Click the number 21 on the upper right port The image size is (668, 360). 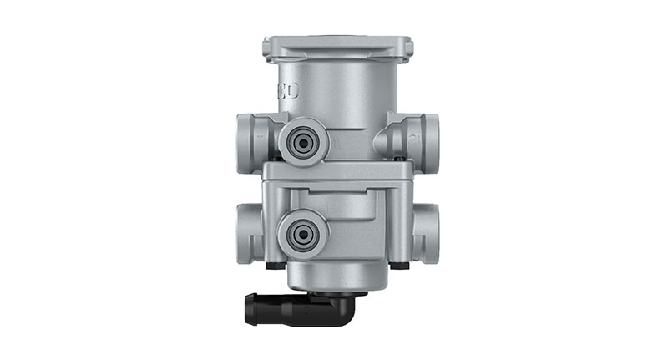410,132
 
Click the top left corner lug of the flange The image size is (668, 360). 268,49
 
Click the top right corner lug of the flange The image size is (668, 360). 407,49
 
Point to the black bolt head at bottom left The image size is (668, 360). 272,266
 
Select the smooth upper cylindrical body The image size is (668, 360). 337,92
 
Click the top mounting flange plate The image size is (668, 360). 337,47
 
